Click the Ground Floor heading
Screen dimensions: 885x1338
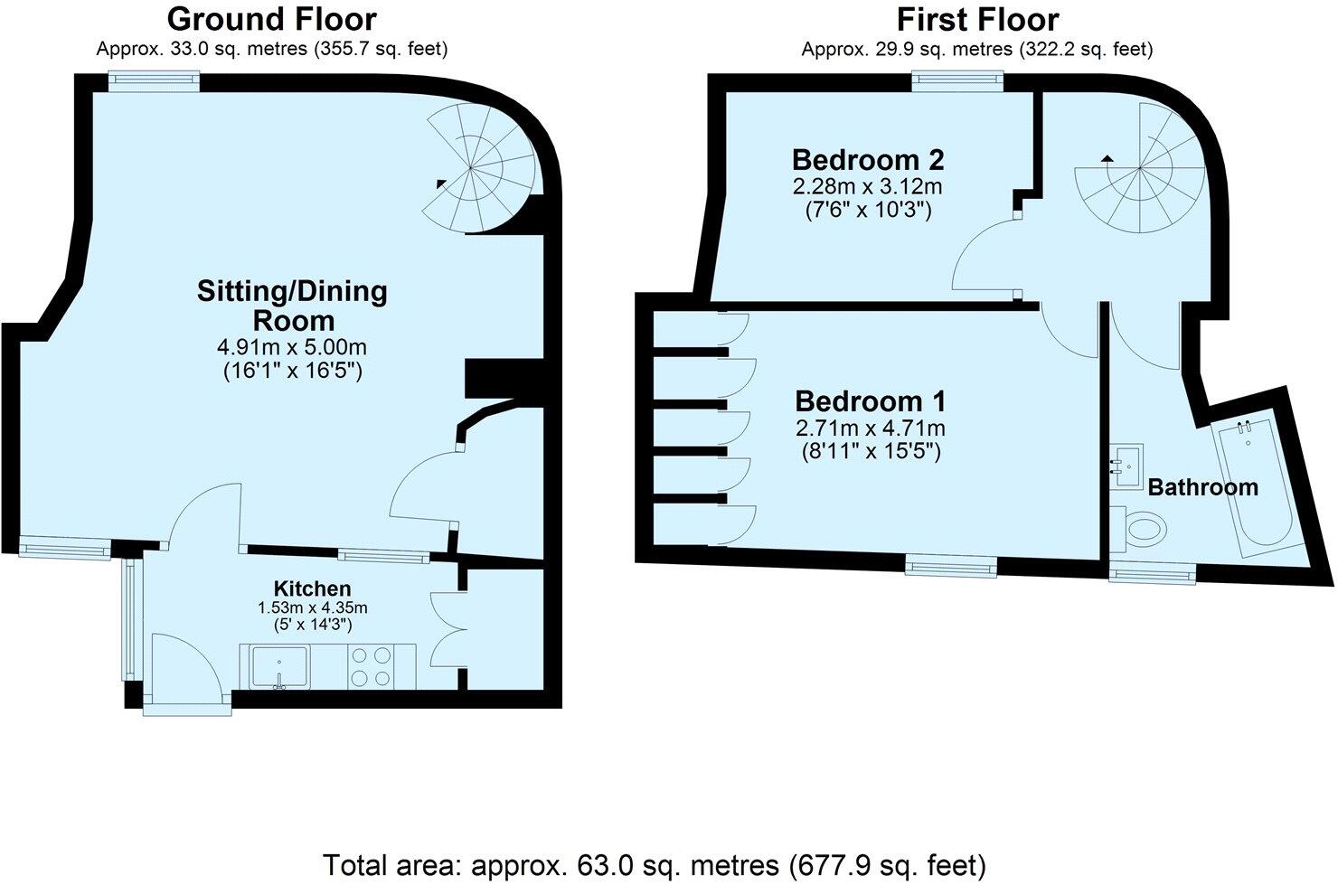point(272,19)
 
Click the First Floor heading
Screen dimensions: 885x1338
point(976,19)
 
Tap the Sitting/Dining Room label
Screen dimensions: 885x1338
point(293,306)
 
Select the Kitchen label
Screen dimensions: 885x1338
point(312,588)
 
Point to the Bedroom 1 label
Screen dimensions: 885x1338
point(871,400)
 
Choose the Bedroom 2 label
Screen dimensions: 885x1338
point(868,160)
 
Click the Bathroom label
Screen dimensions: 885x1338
point(1202,487)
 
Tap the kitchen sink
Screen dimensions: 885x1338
point(280,666)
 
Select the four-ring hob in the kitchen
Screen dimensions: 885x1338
point(371,666)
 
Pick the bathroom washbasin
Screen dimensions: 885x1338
point(1126,466)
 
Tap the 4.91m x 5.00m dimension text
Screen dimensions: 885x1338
point(293,347)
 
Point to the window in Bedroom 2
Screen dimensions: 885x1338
point(957,81)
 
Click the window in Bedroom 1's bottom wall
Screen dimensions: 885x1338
point(952,567)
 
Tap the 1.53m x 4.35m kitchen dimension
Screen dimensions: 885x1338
point(313,607)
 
